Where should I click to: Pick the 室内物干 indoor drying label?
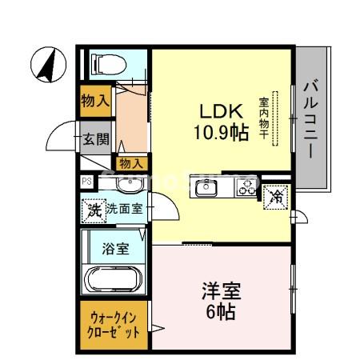[x=262, y=119]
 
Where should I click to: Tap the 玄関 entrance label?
[x=96, y=138]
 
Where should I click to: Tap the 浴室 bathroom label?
[x=114, y=249]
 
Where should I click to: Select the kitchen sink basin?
[x=207, y=190]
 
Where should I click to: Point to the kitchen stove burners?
[x=246, y=190]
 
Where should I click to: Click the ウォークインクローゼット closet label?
[x=114, y=325]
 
